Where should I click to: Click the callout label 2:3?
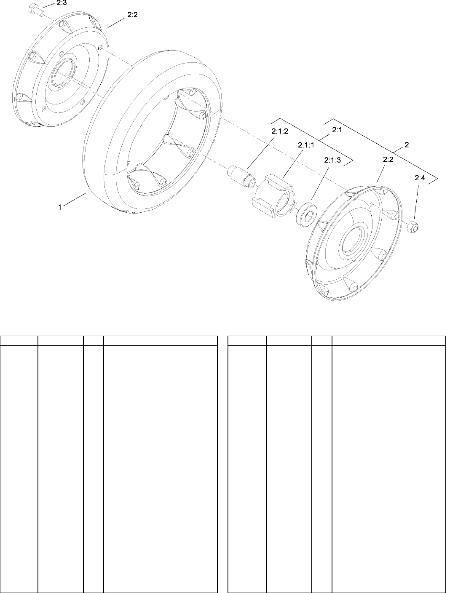[62, 3]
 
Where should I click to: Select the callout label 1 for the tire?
[60, 208]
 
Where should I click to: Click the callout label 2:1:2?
[280, 131]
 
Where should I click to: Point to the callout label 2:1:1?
[306, 145]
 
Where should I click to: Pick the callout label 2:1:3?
[332, 160]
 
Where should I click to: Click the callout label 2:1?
[337, 130]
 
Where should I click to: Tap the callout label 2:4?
[420, 178]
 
